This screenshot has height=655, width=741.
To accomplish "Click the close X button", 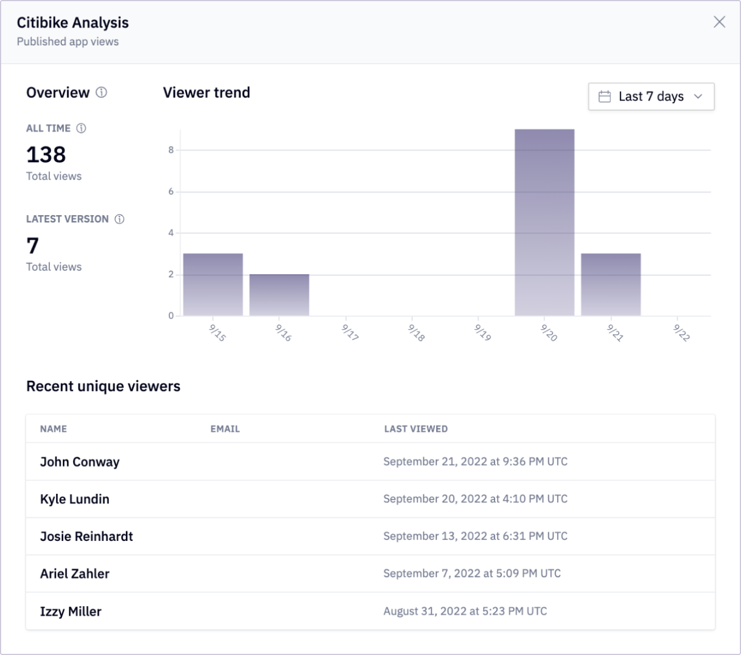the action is pos(719,22).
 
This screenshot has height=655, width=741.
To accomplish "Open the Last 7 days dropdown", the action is pos(651,96).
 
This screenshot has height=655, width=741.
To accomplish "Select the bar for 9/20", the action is pos(544,222).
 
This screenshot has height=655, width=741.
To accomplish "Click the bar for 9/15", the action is pos(213,284).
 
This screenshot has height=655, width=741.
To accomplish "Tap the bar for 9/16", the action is pos(279,295).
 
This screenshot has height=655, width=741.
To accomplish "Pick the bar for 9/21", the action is pos(611,284).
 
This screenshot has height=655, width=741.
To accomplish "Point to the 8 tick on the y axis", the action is pos(171,150).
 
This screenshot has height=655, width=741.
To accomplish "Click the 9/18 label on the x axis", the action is pos(416,333).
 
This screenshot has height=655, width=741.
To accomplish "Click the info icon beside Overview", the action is pos(101,92).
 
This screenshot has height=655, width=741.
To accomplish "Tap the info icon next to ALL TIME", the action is pos(81,128).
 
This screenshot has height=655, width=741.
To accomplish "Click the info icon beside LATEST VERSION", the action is pos(119,219).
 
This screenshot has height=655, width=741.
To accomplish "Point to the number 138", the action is pos(46,154).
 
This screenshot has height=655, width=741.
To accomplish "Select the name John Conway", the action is pos(80,462).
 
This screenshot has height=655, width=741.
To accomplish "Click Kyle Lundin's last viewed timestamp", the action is pos(475,499).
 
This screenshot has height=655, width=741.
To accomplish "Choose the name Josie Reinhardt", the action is pos(86,536).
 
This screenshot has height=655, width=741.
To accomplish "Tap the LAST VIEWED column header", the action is pos(416,429).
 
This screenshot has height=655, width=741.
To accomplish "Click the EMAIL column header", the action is pos(225,429).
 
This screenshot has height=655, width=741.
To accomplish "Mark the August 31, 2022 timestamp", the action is pos(465,611).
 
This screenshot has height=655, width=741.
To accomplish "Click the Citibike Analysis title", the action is pos(73,22).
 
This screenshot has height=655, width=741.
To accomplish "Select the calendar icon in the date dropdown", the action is pos(605,97).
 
